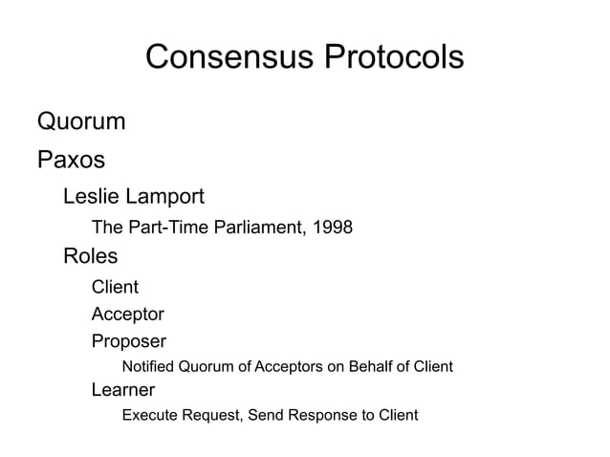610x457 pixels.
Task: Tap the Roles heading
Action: (90, 256)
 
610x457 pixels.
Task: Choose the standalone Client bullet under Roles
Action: (115, 287)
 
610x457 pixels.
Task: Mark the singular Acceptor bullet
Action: (127, 314)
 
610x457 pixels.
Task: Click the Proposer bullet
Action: (128, 341)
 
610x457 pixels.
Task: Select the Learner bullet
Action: (122, 389)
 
